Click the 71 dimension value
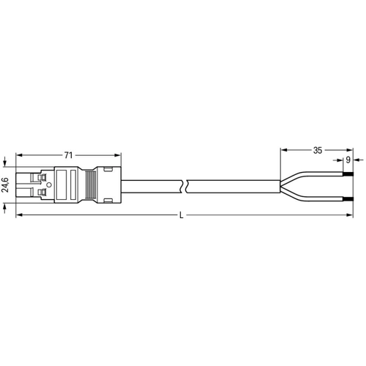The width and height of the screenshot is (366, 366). tap(68, 155)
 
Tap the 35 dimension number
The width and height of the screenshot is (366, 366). tap(318, 150)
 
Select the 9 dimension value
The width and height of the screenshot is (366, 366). tap(348, 160)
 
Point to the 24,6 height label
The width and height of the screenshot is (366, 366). tap(5, 185)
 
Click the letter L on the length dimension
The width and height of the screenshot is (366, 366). tap(181, 215)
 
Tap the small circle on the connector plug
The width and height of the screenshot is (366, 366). tap(49, 185)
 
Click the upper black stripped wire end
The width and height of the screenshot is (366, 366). tap(348, 174)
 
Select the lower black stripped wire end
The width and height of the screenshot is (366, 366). tap(348, 199)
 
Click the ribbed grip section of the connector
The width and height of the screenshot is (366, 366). tap(91, 184)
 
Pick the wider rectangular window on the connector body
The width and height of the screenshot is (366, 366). tap(61, 185)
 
